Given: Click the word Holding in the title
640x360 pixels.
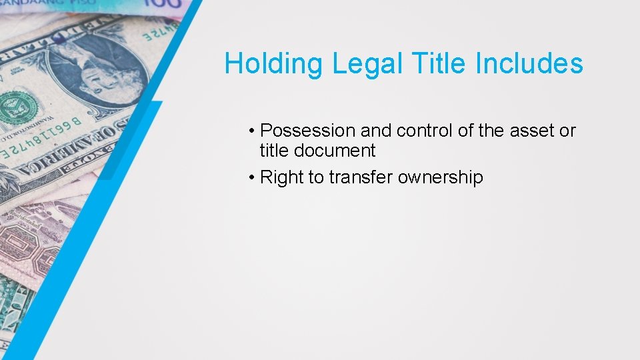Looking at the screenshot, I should (x=274, y=65).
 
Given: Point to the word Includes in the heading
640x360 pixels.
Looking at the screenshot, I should (x=529, y=64).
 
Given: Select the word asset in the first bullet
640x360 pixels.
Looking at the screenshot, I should (x=532, y=131).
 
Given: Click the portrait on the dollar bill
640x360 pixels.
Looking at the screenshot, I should (x=100, y=67).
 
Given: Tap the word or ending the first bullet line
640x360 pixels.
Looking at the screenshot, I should (x=567, y=131).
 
